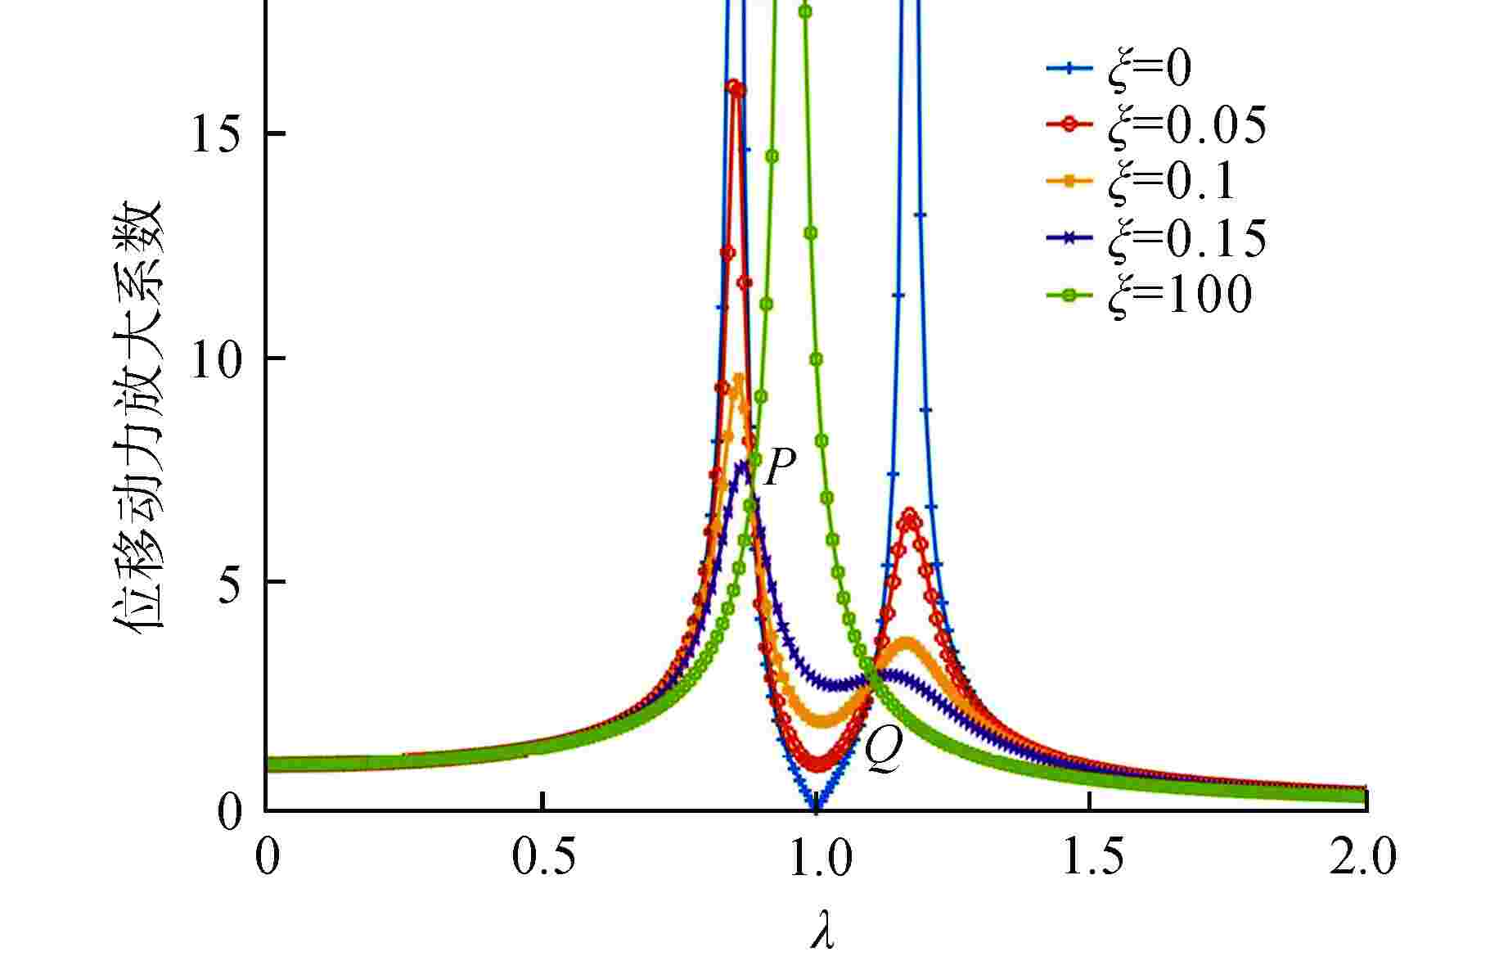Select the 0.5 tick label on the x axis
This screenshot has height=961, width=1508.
click(543, 859)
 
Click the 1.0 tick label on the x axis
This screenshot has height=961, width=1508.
click(817, 859)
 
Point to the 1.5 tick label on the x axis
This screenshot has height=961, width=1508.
click(1089, 859)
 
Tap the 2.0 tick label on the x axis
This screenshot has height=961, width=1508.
click(1362, 859)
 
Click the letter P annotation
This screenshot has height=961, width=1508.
click(779, 468)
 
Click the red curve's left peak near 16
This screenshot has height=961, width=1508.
click(735, 87)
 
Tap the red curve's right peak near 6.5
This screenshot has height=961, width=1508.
click(909, 516)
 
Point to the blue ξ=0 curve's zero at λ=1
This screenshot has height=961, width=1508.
click(816, 806)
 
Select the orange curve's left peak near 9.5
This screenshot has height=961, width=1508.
click(739, 379)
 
